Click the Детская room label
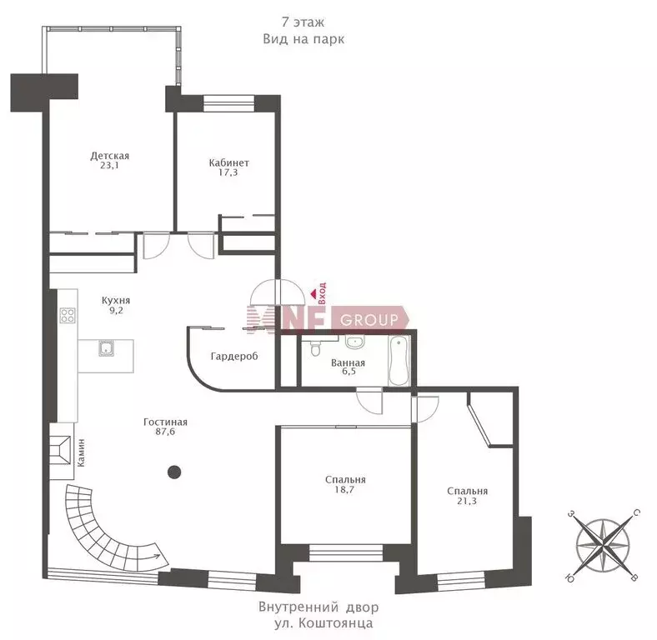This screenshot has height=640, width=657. click(x=110, y=156)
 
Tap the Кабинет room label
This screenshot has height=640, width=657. click(x=228, y=162)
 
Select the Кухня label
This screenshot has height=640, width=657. click(x=116, y=300)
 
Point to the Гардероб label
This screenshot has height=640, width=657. click(x=234, y=357)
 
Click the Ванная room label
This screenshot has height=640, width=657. click(x=348, y=362)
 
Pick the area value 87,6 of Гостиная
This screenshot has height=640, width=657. click(x=165, y=432)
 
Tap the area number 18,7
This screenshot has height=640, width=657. click(x=344, y=489)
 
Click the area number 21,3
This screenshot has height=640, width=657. click(x=467, y=501)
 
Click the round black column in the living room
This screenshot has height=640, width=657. click(x=174, y=472)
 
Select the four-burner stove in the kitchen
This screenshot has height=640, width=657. click(x=68, y=315)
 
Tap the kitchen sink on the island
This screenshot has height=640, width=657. click(x=107, y=348)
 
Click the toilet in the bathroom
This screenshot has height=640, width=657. click(x=315, y=347)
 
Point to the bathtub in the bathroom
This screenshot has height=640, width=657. click(x=399, y=361)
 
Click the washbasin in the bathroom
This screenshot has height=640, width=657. click(x=355, y=342)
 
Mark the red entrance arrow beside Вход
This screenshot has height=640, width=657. click(x=313, y=294)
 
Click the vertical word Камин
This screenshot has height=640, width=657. click(x=81, y=452)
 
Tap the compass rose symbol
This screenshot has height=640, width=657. click(x=603, y=545)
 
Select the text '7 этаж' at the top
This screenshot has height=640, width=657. click(x=303, y=22)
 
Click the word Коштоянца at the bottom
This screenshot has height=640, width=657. click(x=335, y=622)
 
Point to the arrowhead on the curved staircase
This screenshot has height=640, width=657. click(x=159, y=557)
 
